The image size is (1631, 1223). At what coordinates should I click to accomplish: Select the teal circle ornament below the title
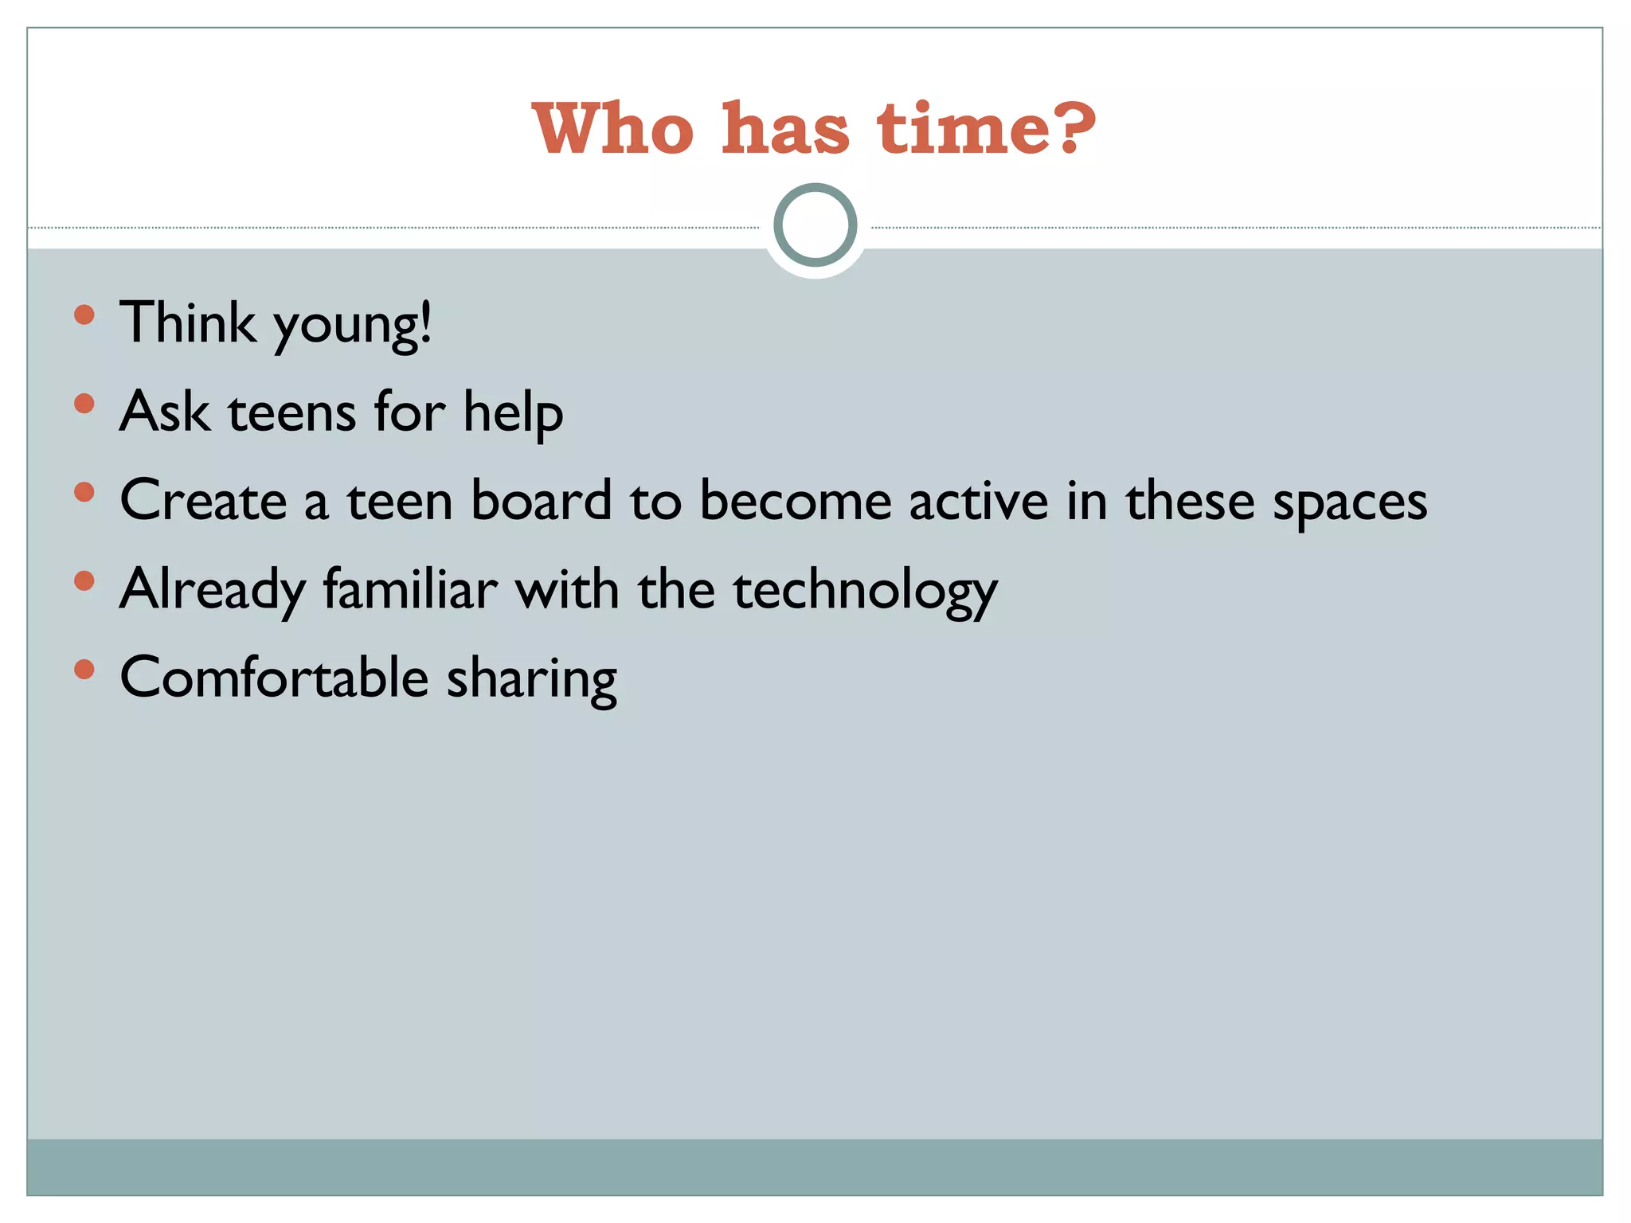point(815,225)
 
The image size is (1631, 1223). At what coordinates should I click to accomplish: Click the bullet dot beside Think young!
point(84,315)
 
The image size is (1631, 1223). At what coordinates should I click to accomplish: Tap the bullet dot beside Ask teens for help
point(84,404)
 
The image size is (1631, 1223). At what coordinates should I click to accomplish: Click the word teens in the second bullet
point(292,412)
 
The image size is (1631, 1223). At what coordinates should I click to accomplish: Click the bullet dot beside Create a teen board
point(84,492)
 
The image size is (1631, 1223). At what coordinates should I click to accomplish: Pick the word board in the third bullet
point(542,501)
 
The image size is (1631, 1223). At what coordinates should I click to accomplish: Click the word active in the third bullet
point(979,501)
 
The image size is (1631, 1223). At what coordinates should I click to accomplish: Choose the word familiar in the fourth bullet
point(410,589)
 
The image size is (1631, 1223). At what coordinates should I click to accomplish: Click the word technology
point(865,591)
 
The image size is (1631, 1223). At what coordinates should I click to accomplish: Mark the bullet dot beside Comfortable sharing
point(84,669)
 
